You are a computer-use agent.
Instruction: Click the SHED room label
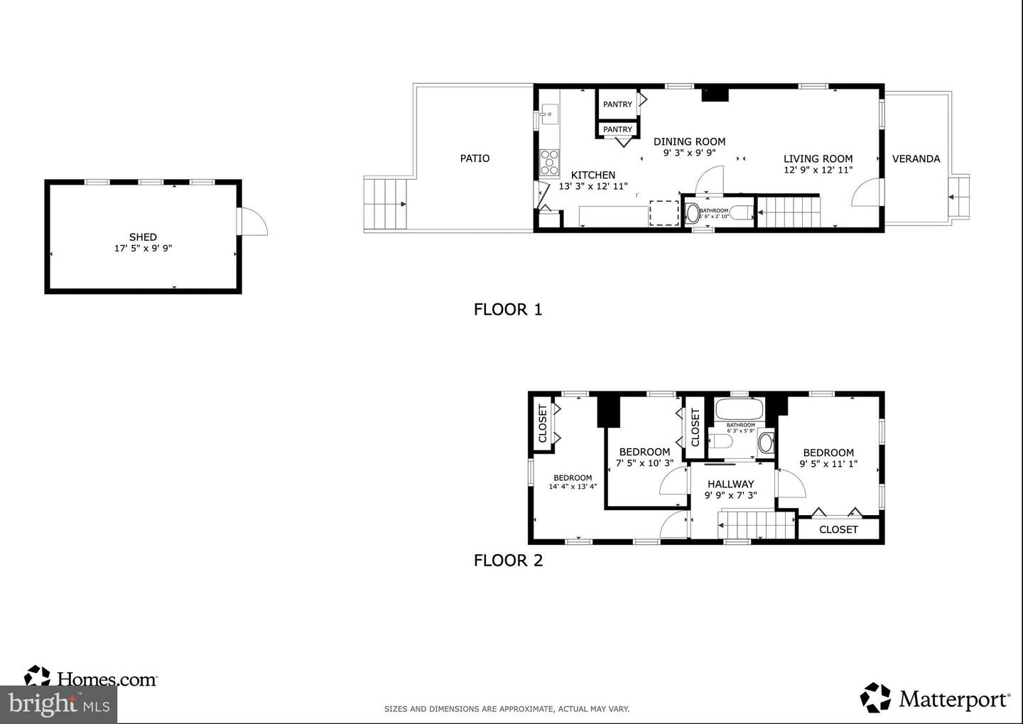(143, 237)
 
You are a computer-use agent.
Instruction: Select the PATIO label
(475, 158)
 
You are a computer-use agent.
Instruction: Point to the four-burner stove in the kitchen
(549, 162)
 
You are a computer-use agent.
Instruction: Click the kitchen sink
(549, 114)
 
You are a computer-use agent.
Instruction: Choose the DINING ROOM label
(689, 141)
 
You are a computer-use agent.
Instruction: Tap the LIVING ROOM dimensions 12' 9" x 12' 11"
(818, 170)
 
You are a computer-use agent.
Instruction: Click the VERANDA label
(916, 158)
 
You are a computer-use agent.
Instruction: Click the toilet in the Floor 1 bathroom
(693, 212)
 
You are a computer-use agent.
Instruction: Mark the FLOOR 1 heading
(508, 309)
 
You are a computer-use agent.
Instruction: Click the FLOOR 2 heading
(508, 560)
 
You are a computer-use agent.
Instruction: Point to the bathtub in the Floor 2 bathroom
(739, 409)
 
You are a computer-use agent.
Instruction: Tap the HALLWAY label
(730, 484)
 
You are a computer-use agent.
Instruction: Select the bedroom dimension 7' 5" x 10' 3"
(644, 463)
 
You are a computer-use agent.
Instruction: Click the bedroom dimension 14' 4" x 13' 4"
(573, 487)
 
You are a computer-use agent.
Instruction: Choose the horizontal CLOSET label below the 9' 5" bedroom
(838, 529)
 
